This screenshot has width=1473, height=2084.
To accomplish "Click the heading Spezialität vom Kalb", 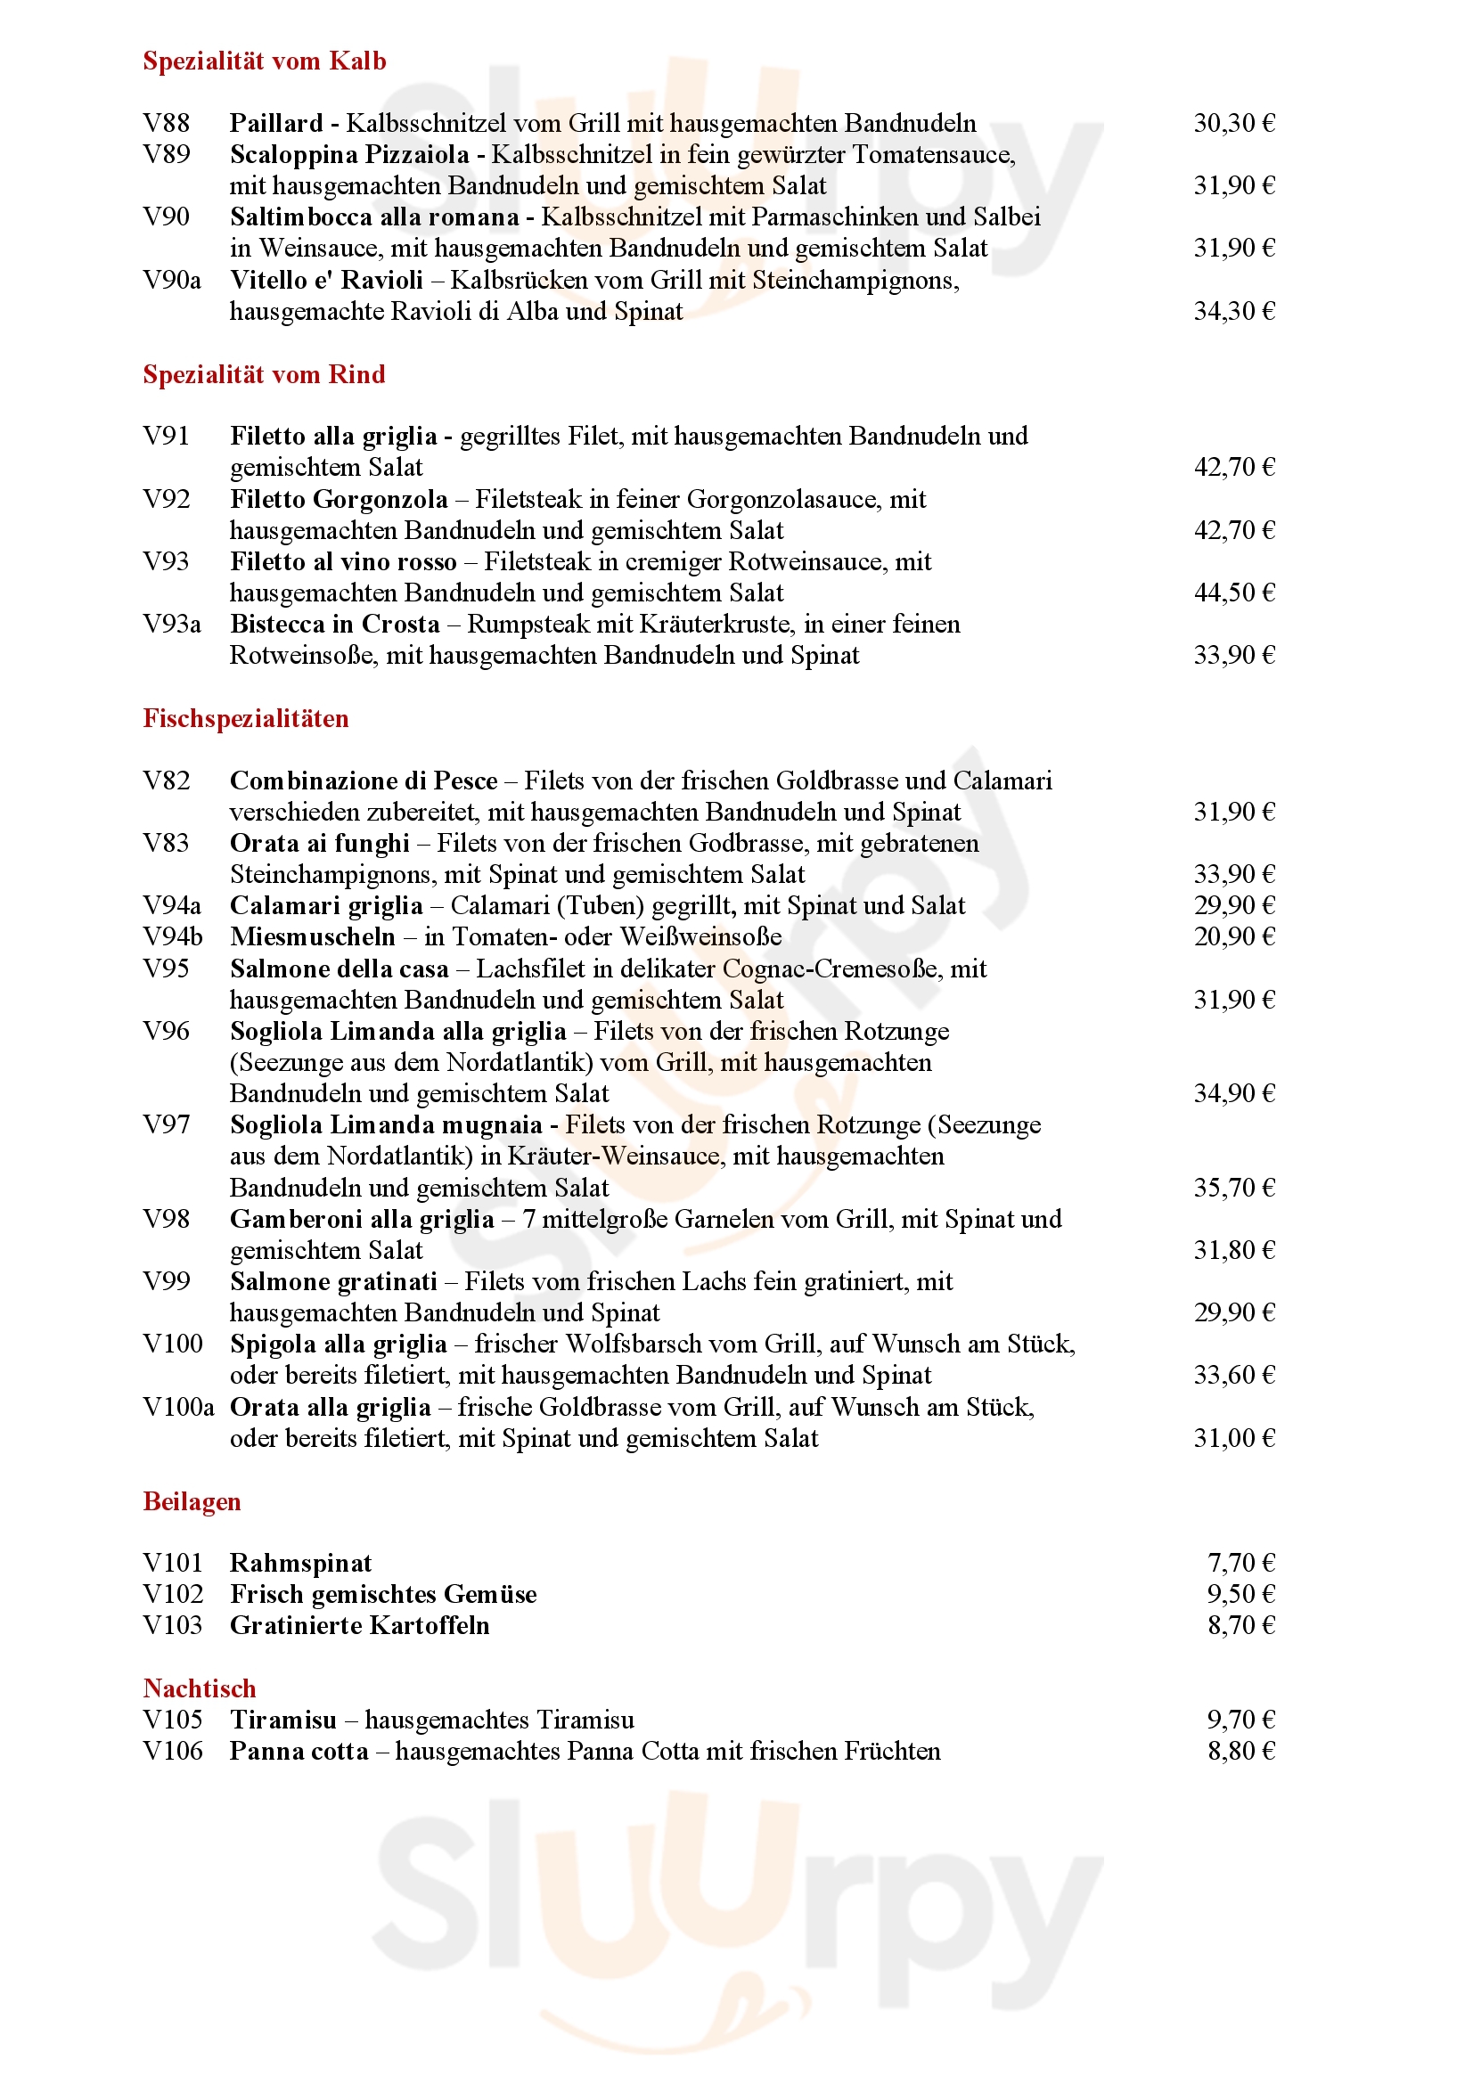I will [264, 61].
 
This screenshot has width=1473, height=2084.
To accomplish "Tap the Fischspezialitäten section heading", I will [245, 718].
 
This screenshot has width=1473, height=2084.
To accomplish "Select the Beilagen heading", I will [192, 1501].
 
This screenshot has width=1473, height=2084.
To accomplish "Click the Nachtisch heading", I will [199, 1688].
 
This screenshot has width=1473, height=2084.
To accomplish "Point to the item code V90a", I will [171, 280].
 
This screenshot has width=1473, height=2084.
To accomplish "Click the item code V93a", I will [171, 624].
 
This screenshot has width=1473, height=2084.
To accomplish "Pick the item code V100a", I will [178, 1407].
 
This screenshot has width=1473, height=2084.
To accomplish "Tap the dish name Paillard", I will [276, 123].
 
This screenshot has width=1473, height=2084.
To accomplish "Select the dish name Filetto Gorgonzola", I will [339, 499].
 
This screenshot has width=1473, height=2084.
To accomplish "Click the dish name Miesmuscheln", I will [312, 936].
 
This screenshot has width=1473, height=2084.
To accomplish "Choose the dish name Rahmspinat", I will [300, 1563].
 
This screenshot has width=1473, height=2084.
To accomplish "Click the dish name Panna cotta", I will [299, 1751].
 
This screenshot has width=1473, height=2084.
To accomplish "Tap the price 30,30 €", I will [1233, 123].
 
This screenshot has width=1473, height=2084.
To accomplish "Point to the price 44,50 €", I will [1233, 593].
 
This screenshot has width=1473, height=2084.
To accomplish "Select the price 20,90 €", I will [1233, 936].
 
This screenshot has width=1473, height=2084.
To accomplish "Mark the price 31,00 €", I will [1233, 1438].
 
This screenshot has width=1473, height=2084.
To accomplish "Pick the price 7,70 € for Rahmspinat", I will [1240, 1563].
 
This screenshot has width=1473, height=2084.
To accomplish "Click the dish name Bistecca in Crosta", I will [334, 624].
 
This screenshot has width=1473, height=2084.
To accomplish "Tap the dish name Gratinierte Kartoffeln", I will [359, 1626].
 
